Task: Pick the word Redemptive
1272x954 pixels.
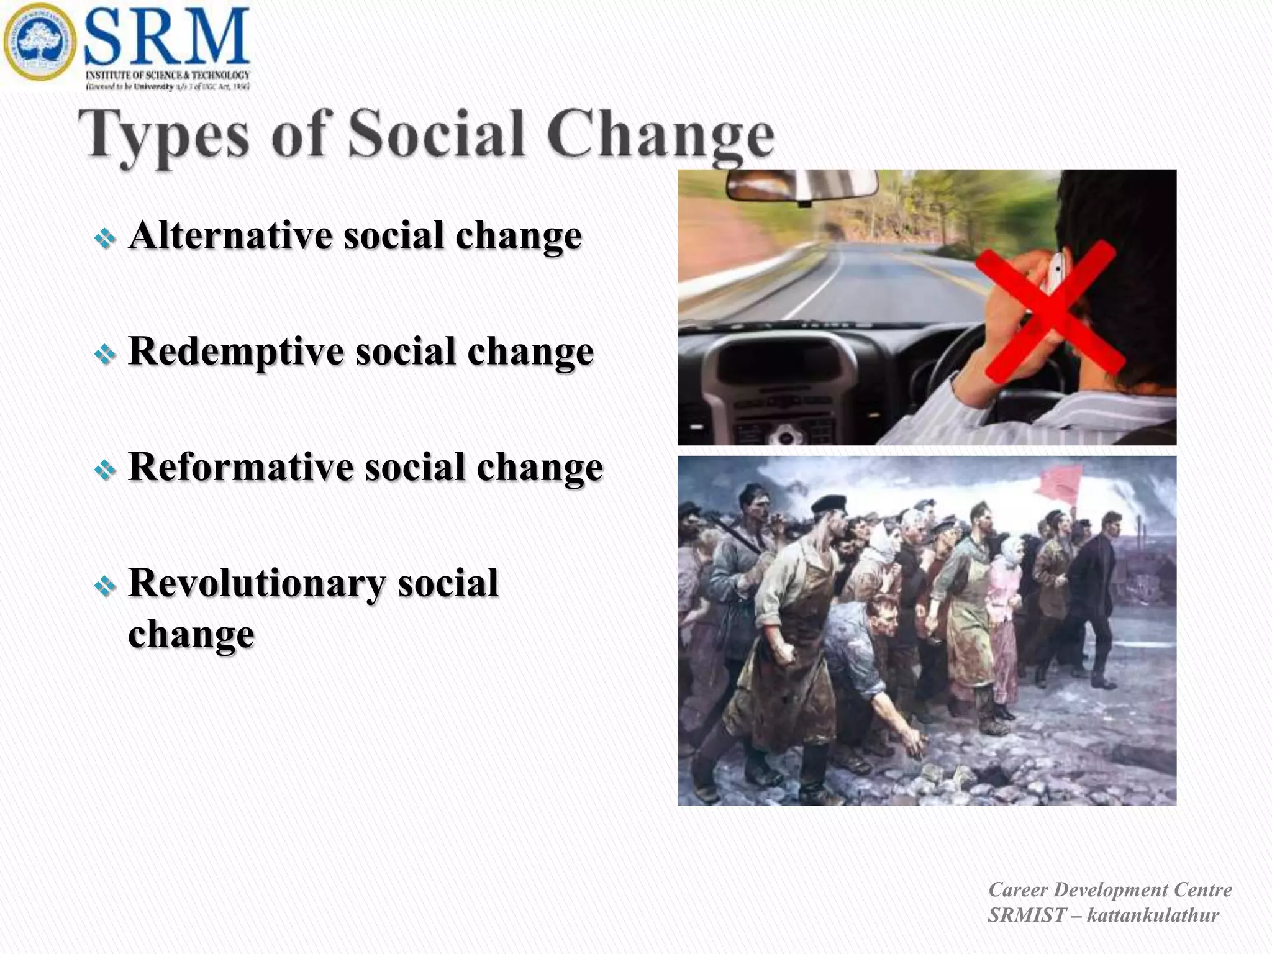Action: click(235, 352)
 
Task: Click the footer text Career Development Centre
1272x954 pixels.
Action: click(1110, 889)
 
